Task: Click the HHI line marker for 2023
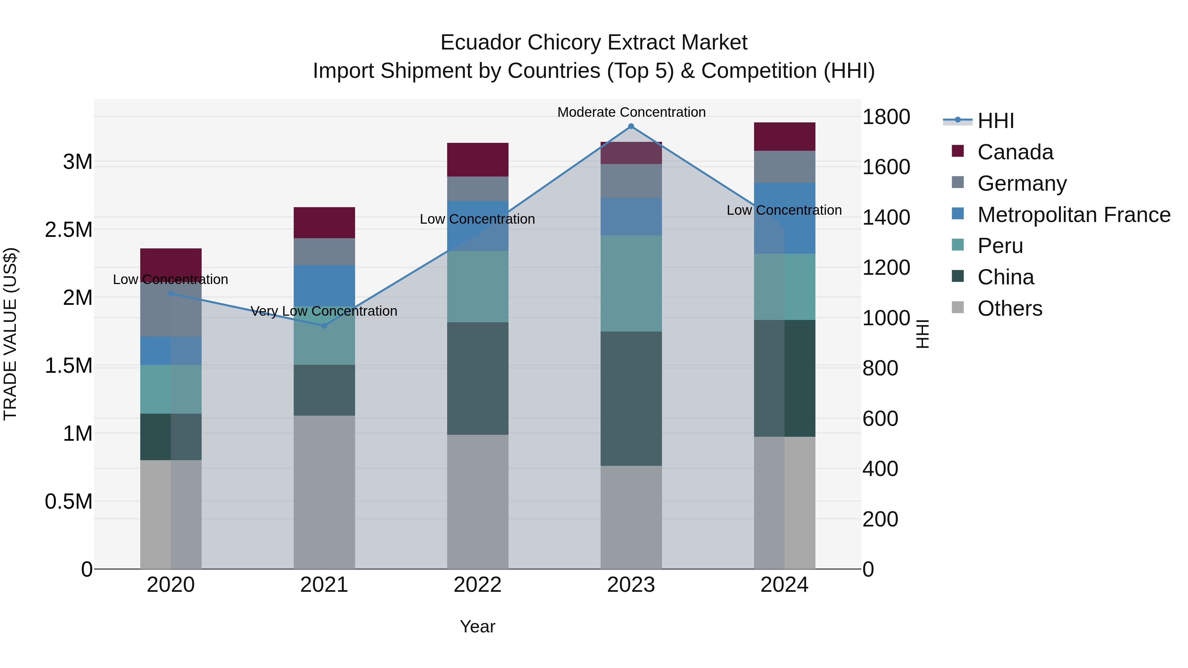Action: point(631,126)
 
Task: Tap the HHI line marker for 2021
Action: point(324,326)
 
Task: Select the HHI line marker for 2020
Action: point(171,293)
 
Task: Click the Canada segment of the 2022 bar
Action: point(478,160)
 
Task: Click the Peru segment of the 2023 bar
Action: point(631,283)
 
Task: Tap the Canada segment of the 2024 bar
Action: point(784,137)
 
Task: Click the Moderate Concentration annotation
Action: point(631,112)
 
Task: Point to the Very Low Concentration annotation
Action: point(324,311)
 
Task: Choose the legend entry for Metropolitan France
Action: point(1073,215)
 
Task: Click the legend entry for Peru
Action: point(1000,246)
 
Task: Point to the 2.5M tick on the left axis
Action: point(69,230)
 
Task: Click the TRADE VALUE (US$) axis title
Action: point(11,334)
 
